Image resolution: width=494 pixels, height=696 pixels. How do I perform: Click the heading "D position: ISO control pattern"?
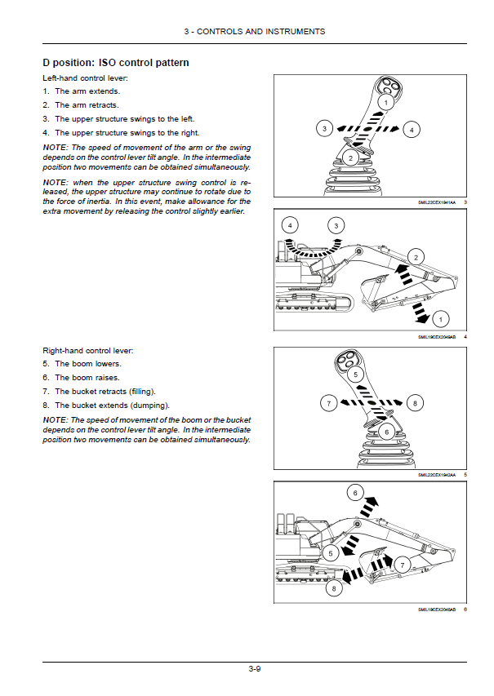click(116, 62)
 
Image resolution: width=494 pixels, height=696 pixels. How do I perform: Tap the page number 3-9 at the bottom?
click(255, 669)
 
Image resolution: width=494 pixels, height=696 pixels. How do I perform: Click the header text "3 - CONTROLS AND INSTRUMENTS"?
click(255, 31)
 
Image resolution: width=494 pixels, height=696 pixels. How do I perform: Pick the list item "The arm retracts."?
click(87, 105)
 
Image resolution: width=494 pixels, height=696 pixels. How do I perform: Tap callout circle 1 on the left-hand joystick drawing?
click(386, 103)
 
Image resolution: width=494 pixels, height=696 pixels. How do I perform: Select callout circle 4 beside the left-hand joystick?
click(412, 129)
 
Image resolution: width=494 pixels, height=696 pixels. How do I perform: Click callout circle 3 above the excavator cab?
click(335, 225)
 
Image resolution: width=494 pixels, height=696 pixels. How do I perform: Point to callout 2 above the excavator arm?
click(416, 258)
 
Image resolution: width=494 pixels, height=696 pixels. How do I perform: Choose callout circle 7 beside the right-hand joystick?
click(328, 403)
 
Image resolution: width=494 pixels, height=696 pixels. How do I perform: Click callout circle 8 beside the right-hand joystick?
click(415, 403)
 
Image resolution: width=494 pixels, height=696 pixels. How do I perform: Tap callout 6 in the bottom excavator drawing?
click(355, 492)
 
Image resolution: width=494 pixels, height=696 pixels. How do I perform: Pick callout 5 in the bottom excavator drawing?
click(331, 552)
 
